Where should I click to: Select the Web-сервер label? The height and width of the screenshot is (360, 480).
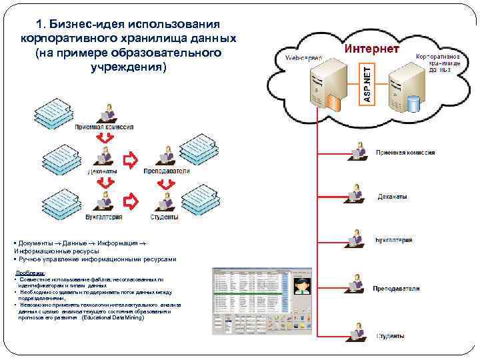coord(303,59)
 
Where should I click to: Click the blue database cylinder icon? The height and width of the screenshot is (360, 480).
coord(415,103)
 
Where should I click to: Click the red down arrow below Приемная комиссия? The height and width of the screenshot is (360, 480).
coord(103,138)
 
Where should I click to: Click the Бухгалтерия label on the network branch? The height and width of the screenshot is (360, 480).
coord(393,240)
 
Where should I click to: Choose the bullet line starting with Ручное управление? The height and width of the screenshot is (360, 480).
coord(97,259)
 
